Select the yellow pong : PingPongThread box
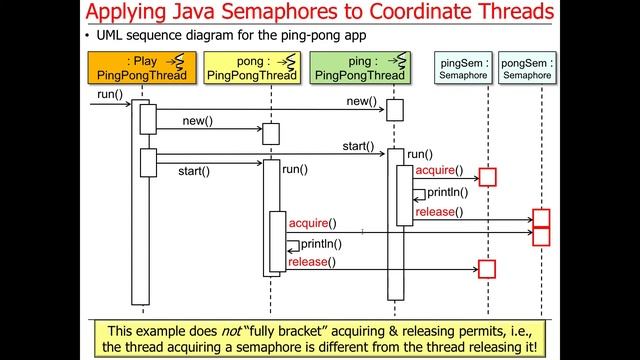click(251, 68)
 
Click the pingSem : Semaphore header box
click(464, 68)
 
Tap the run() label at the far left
click(110, 95)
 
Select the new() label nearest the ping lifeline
click(361, 102)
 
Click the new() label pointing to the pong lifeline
click(198, 121)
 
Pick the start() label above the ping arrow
click(358, 146)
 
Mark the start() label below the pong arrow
click(194, 171)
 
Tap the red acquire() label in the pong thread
click(312, 222)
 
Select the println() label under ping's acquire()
click(445, 192)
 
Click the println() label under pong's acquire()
click(321, 243)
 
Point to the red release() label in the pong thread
click(311, 262)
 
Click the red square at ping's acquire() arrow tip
click(487, 177)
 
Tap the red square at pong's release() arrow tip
click(487, 268)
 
